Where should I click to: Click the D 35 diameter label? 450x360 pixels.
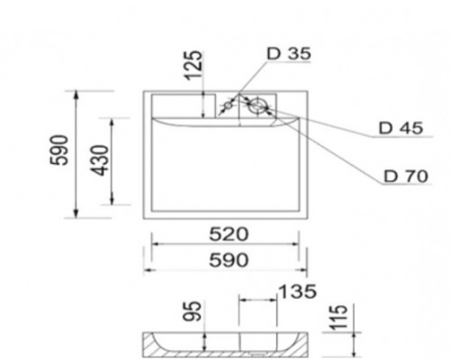288,54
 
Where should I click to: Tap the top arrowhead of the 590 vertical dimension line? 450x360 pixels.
78,94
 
